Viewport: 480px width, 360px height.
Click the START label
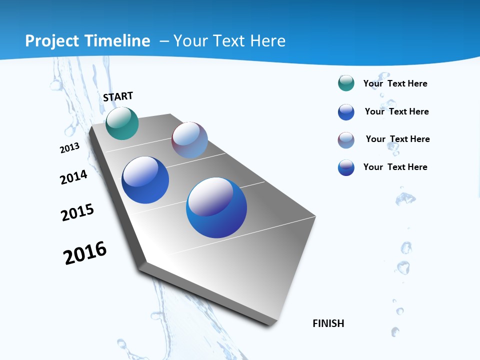118,96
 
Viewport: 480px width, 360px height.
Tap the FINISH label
328,323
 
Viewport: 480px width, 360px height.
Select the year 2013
69,148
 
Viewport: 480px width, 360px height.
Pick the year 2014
73,177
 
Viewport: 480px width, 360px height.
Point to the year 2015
77,212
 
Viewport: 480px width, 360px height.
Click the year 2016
85,253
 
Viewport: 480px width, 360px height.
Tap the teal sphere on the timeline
122,123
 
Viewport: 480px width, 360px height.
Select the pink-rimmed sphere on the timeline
189,140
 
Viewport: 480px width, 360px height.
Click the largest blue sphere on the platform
216,207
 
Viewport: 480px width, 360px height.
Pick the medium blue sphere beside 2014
145,180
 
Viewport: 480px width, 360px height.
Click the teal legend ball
346,83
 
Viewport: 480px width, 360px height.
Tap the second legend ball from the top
346,112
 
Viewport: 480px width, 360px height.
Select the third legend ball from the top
346,140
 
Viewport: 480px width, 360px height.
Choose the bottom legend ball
346,167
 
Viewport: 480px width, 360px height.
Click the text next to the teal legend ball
395,83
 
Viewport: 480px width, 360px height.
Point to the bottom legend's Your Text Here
395,167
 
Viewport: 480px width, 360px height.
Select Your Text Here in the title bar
229,41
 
